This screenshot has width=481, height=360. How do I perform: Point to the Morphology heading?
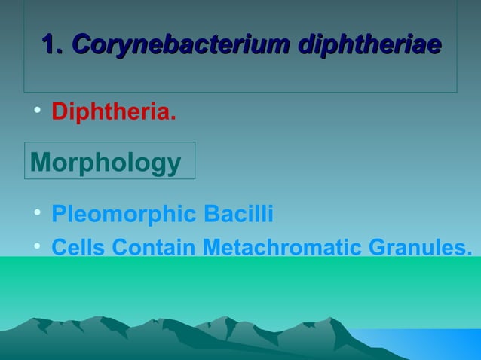[106, 163]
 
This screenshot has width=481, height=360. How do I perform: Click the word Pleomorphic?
[124, 215]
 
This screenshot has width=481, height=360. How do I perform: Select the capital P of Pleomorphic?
[58, 215]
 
